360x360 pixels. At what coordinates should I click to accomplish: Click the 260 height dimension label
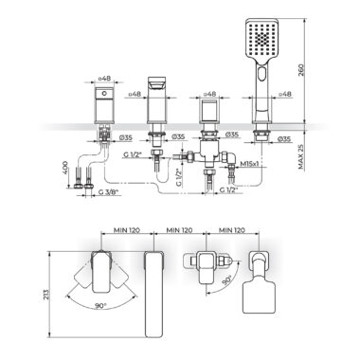[300, 72]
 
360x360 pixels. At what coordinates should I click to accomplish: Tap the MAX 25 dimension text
[300, 156]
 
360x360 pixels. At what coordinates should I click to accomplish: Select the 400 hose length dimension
[65, 169]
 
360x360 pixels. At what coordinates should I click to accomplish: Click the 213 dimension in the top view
[46, 296]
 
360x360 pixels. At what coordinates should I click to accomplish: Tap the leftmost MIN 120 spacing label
[127, 230]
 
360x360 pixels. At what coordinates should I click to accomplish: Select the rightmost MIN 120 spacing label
[232, 230]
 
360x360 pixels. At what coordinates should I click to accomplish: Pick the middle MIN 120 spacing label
[179, 230]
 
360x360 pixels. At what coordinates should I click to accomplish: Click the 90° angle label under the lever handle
[101, 306]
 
